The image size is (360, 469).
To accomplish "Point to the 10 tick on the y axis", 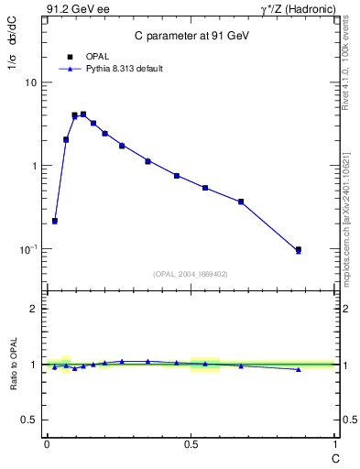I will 30,82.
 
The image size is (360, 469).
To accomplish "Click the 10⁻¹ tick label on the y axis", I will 27,249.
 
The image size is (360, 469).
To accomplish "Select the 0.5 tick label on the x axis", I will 191,443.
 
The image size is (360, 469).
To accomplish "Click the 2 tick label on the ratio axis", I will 33,309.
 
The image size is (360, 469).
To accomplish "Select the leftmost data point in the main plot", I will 55,221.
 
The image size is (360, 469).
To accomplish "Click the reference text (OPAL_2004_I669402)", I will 191,273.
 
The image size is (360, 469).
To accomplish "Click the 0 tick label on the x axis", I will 46,443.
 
